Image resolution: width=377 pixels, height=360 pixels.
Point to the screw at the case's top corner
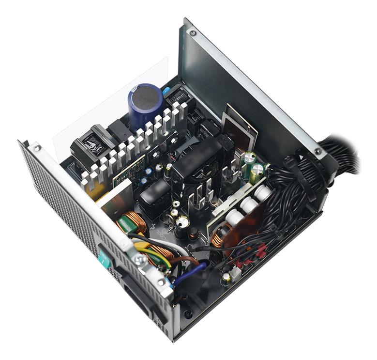tap(193, 33)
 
